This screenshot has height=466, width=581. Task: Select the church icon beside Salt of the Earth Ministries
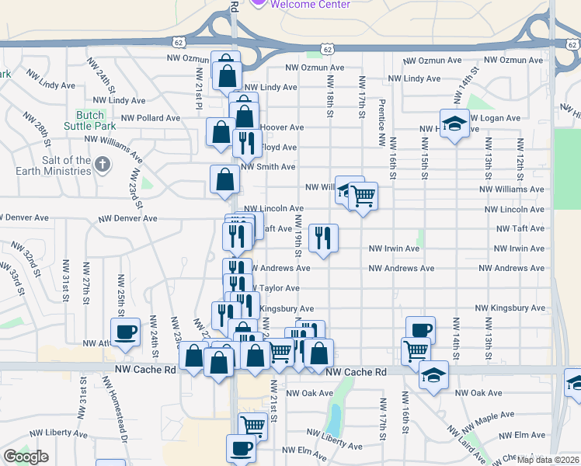tap(103, 164)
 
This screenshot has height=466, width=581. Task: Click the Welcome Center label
tap(310, 4)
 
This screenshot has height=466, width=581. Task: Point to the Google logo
tap(26, 457)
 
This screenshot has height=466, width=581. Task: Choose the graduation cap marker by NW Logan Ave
tap(454, 123)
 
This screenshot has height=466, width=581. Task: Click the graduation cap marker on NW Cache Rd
tap(433, 377)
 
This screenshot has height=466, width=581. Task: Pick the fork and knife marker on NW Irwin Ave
tap(323, 238)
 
